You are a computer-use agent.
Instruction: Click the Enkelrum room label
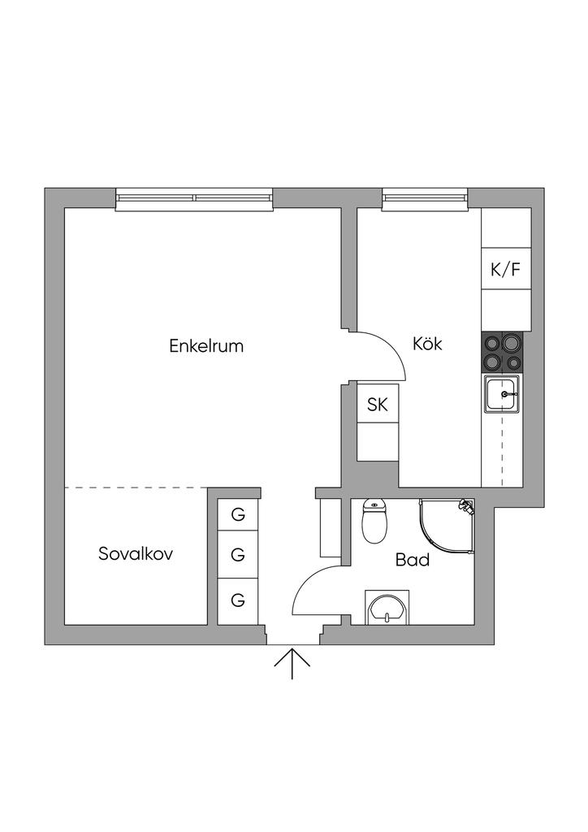pyautogui.click(x=206, y=345)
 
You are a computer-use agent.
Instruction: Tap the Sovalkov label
pyautogui.click(x=136, y=554)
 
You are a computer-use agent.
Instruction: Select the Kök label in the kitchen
pyautogui.click(x=427, y=344)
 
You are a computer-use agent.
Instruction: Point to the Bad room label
pyautogui.click(x=413, y=560)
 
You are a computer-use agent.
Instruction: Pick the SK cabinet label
pyautogui.click(x=378, y=405)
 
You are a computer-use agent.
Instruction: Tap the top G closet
pyautogui.click(x=238, y=514)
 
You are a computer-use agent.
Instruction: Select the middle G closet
pyautogui.click(x=238, y=556)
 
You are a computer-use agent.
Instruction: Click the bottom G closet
pyautogui.click(x=238, y=600)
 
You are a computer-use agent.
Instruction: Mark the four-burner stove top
pyautogui.click(x=504, y=352)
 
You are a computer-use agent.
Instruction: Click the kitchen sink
pyautogui.click(x=504, y=395)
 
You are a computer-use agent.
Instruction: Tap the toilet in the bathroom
pyautogui.click(x=374, y=522)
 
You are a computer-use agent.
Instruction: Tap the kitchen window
pyautogui.click(x=425, y=198)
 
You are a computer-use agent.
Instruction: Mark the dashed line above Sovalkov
pyautogui.click(x=136, y=487)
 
